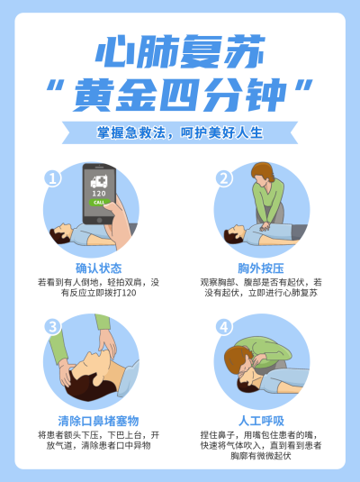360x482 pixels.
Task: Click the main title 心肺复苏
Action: coord(180,51)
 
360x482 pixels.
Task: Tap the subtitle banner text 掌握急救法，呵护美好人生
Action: coord(180,132)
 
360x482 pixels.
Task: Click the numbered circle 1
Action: coord(52,178)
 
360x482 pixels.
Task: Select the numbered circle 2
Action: coord(224,178)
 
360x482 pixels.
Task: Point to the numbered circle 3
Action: coord(52,326)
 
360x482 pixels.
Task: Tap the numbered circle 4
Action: coord(224,326)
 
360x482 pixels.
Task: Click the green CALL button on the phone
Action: coord(99,203)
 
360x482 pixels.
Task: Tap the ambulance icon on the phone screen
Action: coord(99,182)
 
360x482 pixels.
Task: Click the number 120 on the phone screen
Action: coord(99,194)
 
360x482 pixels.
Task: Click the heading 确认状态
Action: coord(99,268)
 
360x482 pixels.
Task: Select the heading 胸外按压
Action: coord(261,268)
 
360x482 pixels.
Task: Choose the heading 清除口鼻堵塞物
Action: coord(99,421)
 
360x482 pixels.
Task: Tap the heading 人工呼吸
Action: coord(261,421)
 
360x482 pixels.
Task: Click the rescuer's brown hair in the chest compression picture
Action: coord(263,170)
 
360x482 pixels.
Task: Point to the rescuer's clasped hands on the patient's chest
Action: coord(265,226)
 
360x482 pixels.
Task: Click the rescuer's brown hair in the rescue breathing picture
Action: coord(235,359)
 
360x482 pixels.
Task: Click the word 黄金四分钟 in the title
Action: coord(180,95)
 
